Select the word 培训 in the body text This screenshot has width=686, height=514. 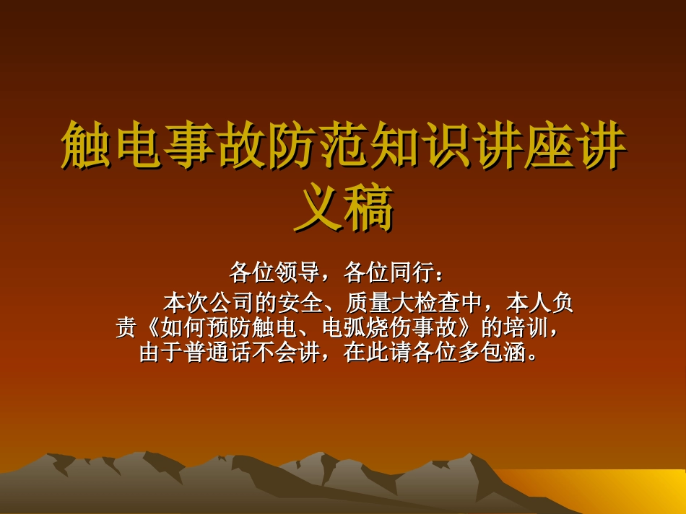(526, 329)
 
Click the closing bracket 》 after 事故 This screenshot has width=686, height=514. (468, 329)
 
